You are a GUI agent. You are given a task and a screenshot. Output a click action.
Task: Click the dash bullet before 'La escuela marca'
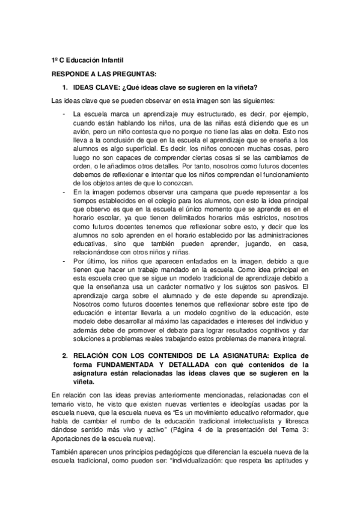point(64,114)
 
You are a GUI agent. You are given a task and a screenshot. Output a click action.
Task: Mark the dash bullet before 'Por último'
point(64,262)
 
